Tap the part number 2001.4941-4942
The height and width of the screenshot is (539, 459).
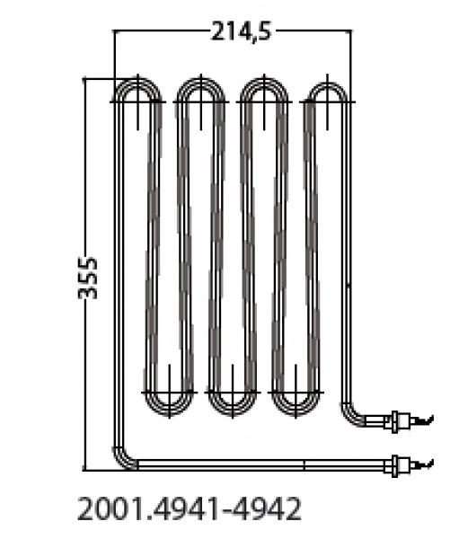[x=190, y=509]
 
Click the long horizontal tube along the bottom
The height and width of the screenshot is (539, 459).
[x=260, y=464]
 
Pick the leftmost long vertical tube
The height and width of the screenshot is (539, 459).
[x=116, y=269]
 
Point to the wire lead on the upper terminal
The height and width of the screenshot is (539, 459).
[x=425, y=419]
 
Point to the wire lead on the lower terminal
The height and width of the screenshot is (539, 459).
[x=425, y=464]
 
